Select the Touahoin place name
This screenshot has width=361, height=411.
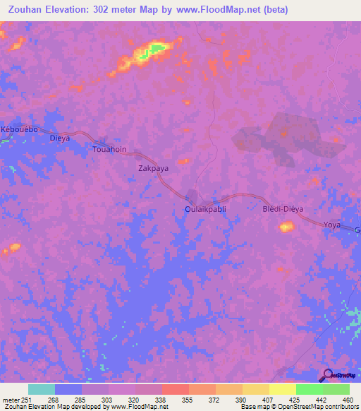click(110, 150)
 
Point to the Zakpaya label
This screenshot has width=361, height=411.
click(154, 169)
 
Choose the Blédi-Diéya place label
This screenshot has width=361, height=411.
click(283, 209)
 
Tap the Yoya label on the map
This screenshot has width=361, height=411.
click(332, 225)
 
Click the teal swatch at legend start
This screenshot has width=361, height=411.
click(42, 389)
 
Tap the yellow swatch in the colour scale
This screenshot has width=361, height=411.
click(282, 389)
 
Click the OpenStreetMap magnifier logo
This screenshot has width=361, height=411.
click(326, 375)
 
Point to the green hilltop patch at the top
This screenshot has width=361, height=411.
click(157, 48)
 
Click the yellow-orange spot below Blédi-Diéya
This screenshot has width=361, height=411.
click(286, 227)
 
